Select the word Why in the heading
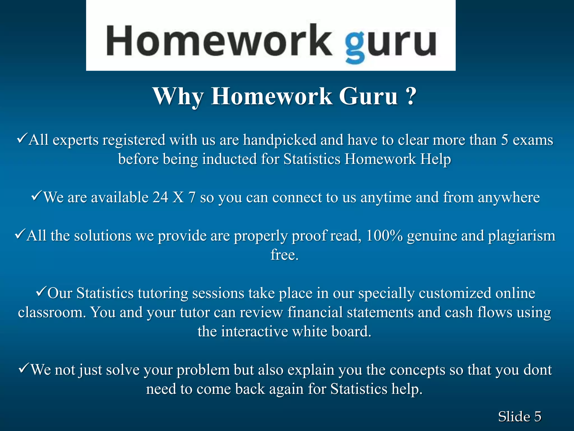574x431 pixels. coord(178,96)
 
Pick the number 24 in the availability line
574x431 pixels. coord(160,197)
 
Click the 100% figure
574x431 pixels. coord(384,236)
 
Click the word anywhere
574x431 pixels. coord(509,197)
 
